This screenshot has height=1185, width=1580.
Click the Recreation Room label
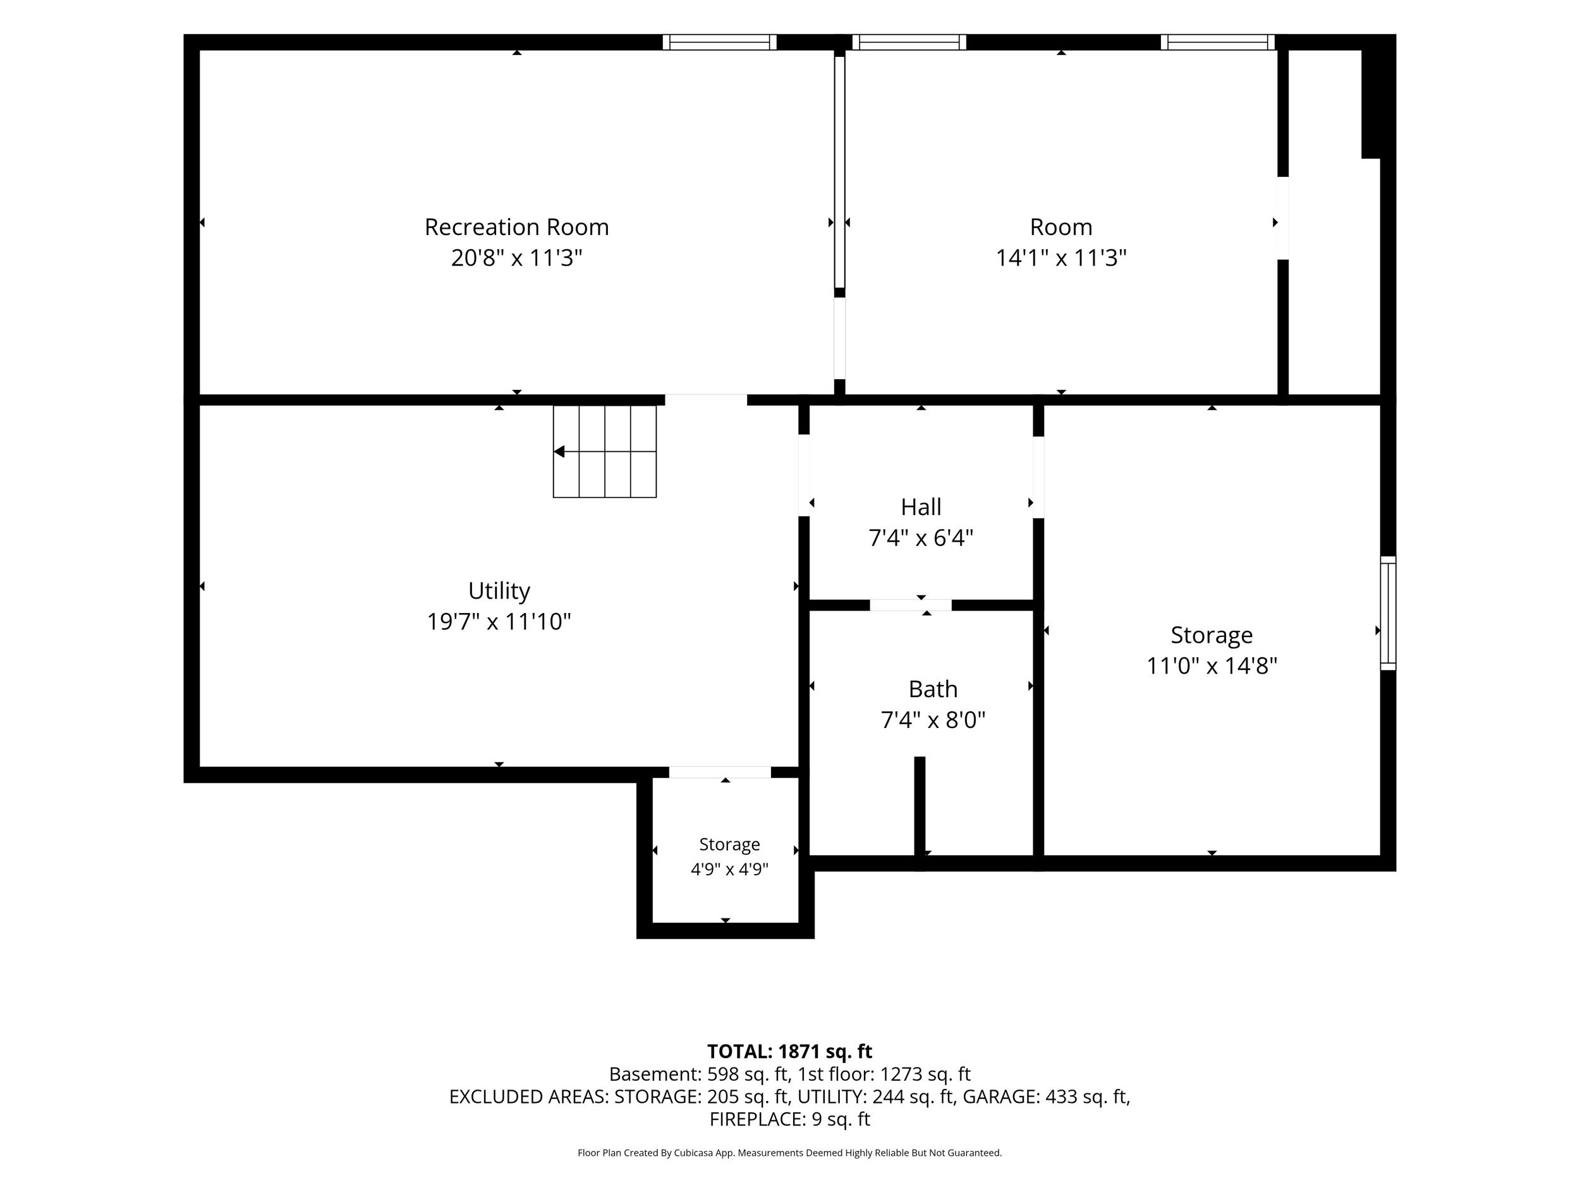[x=516, y=227]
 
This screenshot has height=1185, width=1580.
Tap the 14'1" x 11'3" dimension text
[x=1061, y=258]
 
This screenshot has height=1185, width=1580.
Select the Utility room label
[x=499, y=591]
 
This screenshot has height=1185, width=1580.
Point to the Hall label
[x=921, y=507]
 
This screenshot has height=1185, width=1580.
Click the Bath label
[x=933, y=690]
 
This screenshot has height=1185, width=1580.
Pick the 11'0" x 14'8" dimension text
[x=1212, y=665]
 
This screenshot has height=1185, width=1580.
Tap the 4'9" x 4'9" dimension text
[x=729, y=869]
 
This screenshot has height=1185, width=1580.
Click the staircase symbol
[x=604, y=451]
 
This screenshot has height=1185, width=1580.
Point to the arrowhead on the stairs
[x=559, y=451]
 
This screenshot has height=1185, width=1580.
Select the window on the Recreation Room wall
[x=719, y=42]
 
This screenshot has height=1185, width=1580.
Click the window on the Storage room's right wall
[x=1388, y=613]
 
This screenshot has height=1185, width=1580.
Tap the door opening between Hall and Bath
[x=911, y=605]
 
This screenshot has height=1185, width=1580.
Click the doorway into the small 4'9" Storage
[x=720, y=772]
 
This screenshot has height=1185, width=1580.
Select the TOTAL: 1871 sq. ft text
[x=789, y=1052]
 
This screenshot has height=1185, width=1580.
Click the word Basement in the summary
[x=654, y=1074]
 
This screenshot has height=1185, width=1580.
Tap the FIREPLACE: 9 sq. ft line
[x=789, y=1119]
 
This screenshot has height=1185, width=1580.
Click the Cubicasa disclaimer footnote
[x=789, y=1153]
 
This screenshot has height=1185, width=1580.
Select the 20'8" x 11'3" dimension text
[x=516, y=258]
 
